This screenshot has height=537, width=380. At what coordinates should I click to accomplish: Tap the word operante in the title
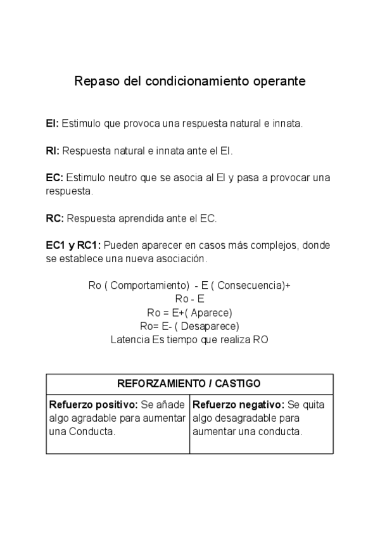click(x=279, y=82)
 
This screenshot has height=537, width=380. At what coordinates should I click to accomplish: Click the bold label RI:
click(x=53, y=151)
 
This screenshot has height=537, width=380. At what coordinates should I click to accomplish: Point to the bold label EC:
click(x=54, y=178)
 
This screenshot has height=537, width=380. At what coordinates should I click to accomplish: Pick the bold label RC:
click(x=54, y=219)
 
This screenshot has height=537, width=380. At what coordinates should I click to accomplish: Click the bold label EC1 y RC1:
click(x=73, y=246)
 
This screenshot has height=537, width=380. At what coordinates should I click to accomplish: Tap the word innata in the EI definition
click(x=289, y=123)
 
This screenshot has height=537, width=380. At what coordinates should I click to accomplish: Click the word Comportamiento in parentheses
click(x=150, y=285)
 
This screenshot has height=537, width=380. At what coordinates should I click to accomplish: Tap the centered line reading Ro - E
click(x=189, y=299)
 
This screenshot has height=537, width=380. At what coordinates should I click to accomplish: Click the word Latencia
click(x=130, y=339)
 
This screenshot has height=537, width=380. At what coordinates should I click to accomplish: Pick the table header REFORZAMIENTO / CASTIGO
click(x=189, y=384)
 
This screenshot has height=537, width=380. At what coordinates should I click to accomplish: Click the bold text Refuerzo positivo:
click(x=93, y=405)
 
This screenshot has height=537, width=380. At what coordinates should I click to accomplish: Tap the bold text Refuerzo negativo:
click(x=238, y=405)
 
